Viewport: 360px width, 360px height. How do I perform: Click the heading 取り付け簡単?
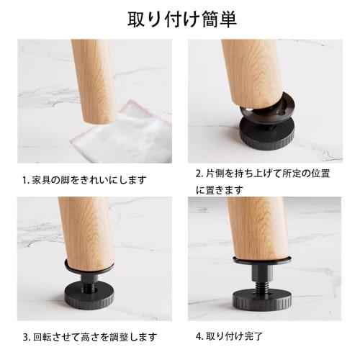pyautogui.click(x=180, y=18)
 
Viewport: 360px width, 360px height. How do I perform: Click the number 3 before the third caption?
pyautogui.click(x=24, y=336)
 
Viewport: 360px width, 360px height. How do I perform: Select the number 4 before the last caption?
pyautogui.click(x=199, y=336)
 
